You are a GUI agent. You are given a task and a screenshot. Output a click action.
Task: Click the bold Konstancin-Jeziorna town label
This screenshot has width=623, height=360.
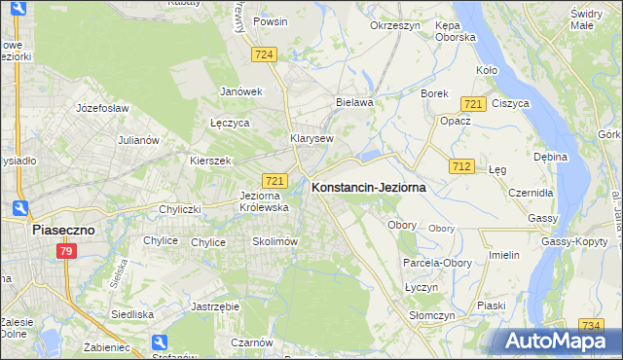368,189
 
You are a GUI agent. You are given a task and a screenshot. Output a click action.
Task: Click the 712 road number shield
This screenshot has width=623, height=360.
461,167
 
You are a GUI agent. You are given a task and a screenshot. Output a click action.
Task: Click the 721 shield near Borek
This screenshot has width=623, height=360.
474,104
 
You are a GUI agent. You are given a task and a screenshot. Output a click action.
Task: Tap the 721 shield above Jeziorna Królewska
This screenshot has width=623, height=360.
275,181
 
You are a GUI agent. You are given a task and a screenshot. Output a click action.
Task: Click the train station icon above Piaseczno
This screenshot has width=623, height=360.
20,207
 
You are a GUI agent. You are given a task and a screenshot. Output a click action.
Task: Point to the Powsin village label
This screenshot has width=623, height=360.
269,20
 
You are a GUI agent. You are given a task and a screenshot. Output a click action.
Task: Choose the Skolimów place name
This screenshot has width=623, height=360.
274,241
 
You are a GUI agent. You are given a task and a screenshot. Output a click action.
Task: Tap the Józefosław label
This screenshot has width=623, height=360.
103,108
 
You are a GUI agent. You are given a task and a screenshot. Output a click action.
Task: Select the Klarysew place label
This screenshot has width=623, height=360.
311,138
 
